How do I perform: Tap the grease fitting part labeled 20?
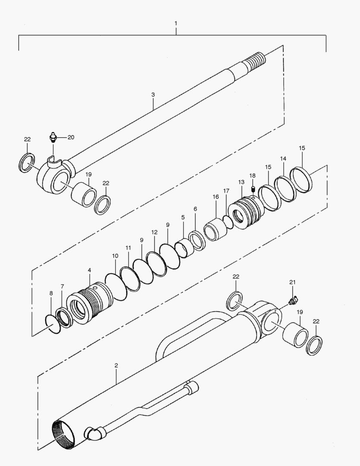[52, 138]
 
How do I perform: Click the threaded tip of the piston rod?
[257, 59]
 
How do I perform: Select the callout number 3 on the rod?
[153, 94]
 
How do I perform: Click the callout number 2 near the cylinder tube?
[116, 365]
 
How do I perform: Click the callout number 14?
[283, 159]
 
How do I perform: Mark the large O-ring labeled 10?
[115, 286]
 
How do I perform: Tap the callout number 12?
[154, 232]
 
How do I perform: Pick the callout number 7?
[62, 286]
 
